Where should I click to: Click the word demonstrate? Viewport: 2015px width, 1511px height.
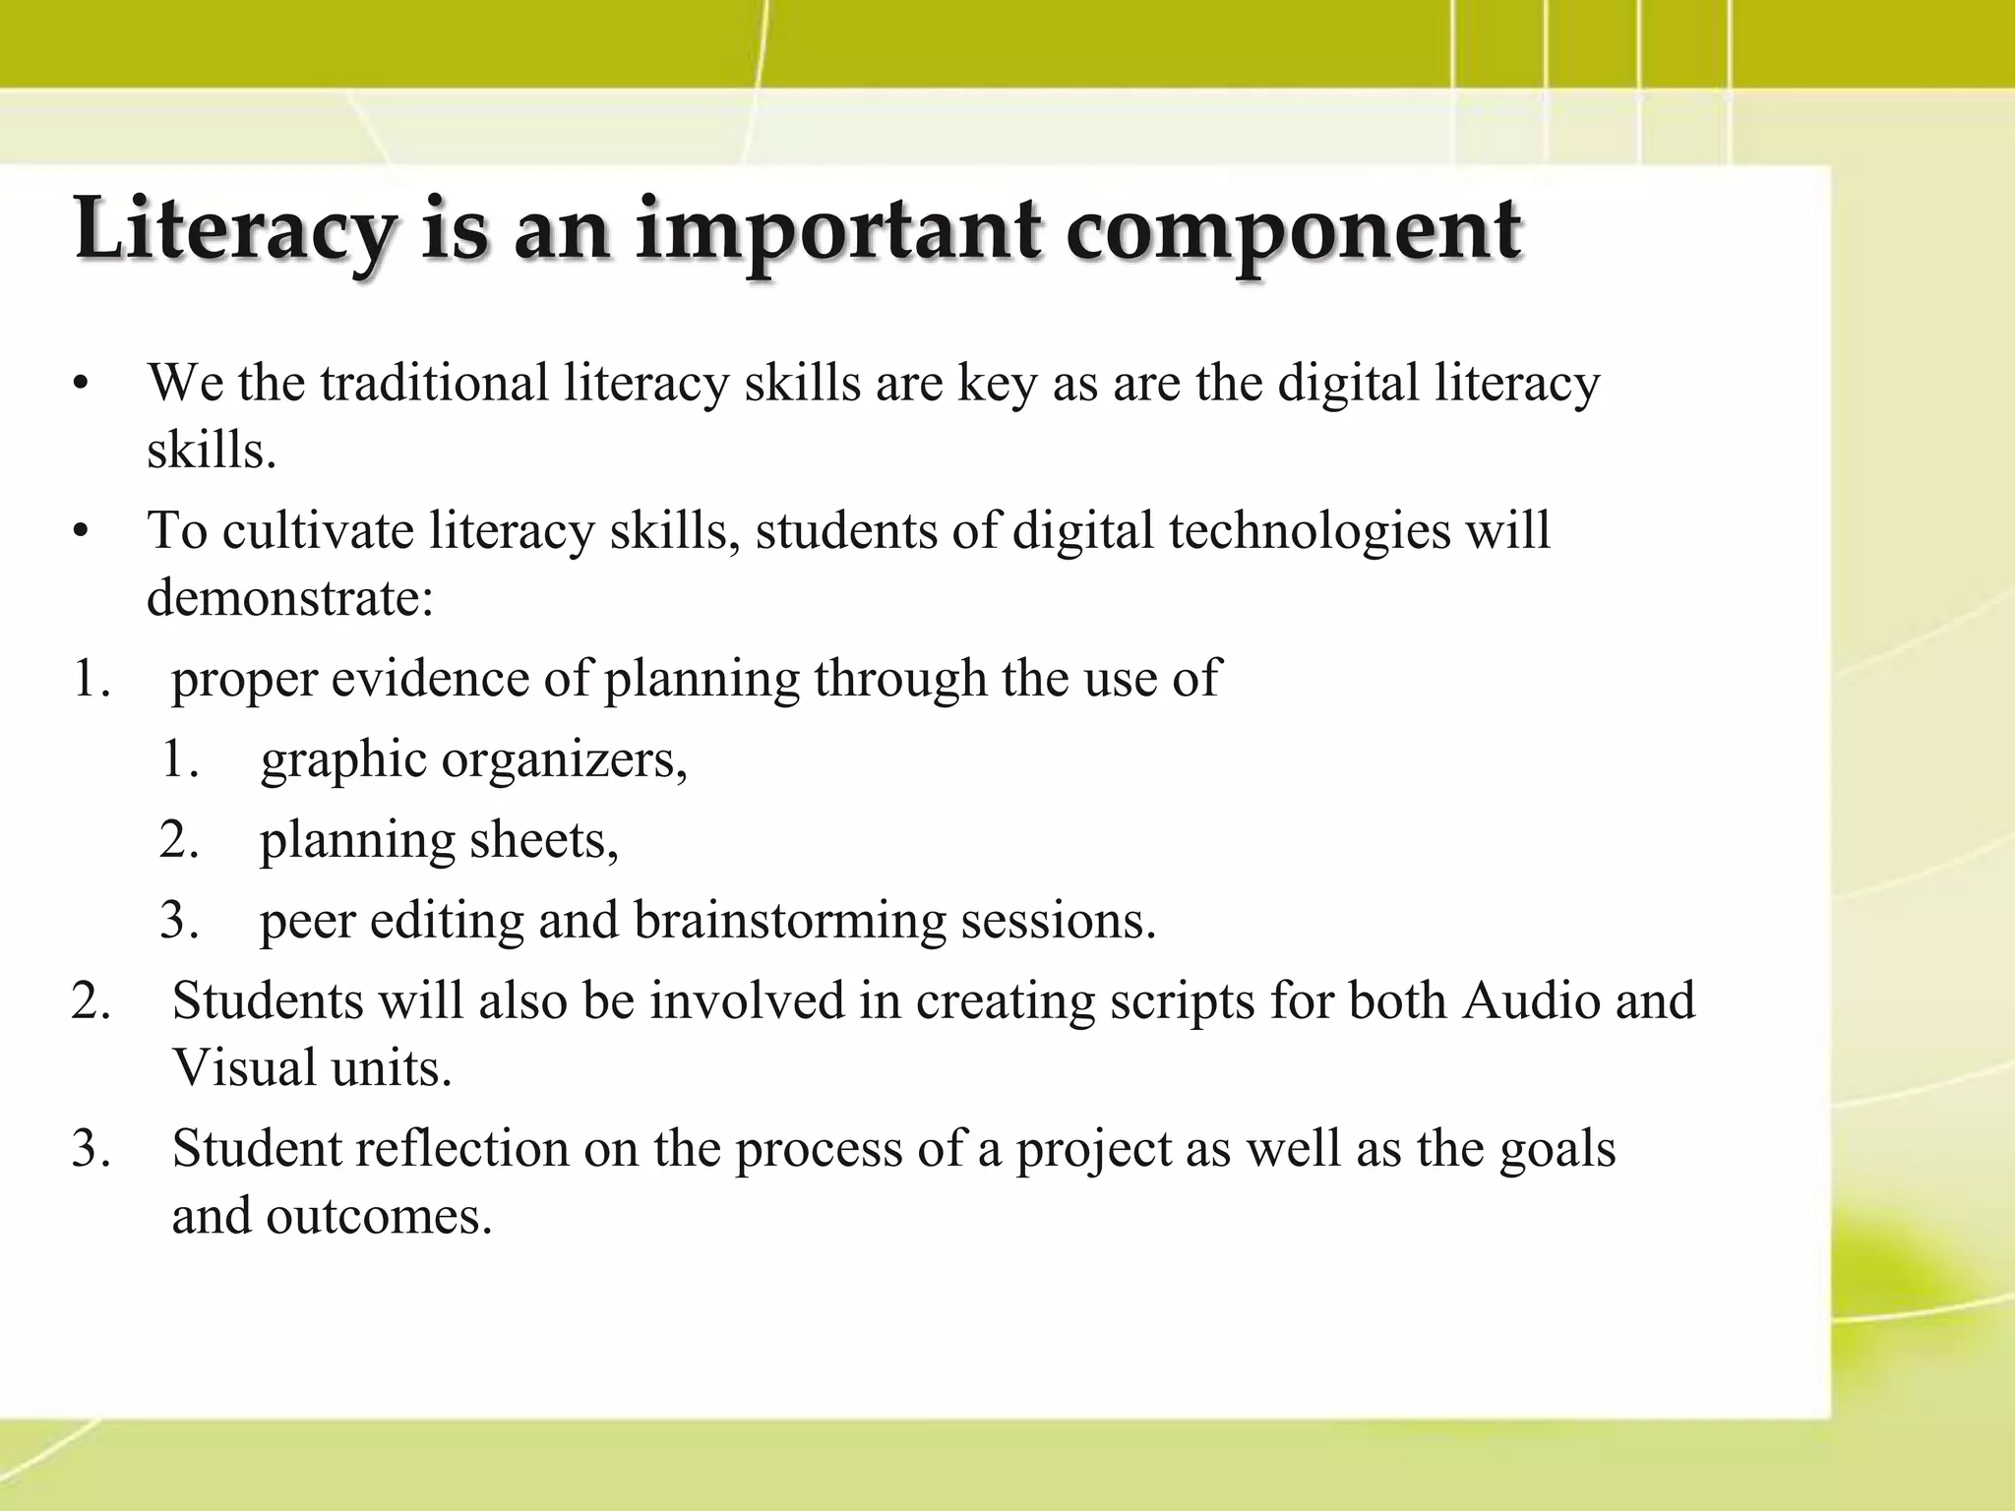290,597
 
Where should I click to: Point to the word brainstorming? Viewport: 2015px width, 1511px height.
789,922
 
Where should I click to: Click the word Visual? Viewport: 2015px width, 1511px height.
243,1067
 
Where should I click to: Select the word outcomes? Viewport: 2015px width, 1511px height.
379,1216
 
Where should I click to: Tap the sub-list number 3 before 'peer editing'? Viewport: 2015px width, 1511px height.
179,922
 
